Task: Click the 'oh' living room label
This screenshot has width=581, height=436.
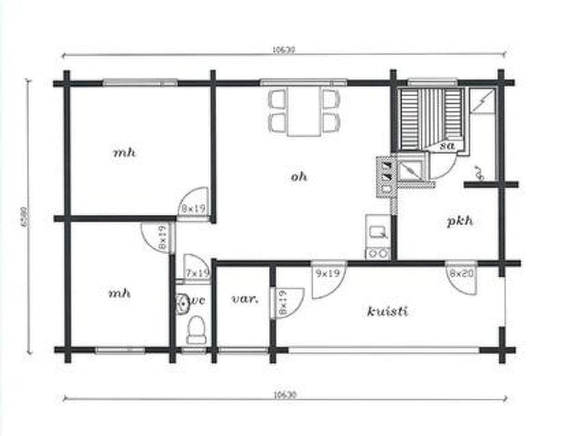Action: coord(299,177)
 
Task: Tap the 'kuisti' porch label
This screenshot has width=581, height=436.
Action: coord(387,311)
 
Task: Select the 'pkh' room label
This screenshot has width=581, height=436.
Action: coord(460,221)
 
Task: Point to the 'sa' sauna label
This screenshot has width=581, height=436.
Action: coord(447,146)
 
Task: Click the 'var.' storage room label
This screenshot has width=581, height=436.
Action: coord(245,299)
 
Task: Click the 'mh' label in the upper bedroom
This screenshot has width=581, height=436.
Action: coord(125,152)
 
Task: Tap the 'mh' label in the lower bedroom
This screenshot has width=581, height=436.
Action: coord(119,293)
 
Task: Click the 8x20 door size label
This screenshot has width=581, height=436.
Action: coord(461,273)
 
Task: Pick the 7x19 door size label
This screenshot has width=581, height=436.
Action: coord(197,274)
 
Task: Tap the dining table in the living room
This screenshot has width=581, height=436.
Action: coord(304,112)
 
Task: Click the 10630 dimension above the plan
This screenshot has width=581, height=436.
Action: coord(283,50)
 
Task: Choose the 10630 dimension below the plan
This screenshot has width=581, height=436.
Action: coord(283,394)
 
